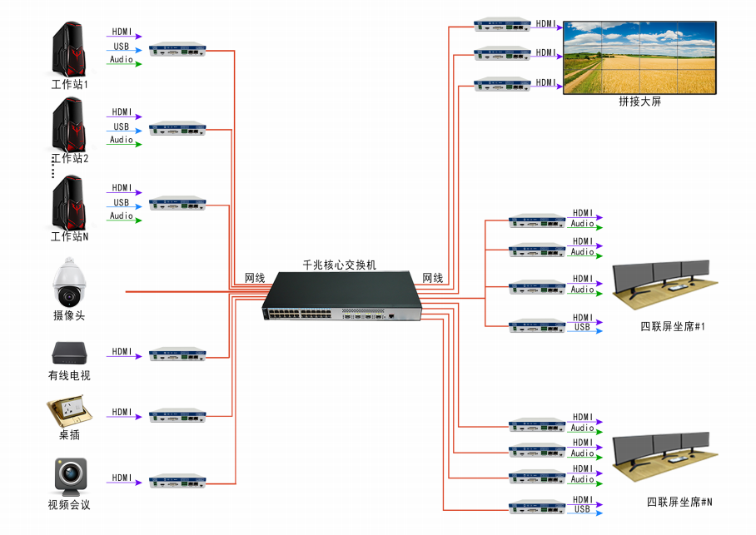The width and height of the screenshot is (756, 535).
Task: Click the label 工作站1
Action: click(69, 84)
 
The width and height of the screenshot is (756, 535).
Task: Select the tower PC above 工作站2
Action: click(69, 126)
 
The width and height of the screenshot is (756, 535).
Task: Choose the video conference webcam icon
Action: click(69, 475)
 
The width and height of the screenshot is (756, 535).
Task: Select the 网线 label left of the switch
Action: click(255, 277)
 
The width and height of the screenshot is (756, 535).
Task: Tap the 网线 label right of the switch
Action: click(433, 277)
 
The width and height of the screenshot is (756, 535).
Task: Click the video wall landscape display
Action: click(639, 57)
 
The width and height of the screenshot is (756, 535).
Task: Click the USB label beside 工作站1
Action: click(122, 47)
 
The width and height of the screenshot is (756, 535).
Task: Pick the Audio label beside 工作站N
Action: click(122, 215)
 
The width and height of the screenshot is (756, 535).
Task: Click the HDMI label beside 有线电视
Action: click(122, 352)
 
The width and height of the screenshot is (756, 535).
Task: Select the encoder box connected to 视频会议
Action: click(177, 481)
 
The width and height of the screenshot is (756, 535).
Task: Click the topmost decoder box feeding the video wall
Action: click(502, 24)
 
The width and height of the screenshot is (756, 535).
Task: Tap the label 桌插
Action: click(69, 434)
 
